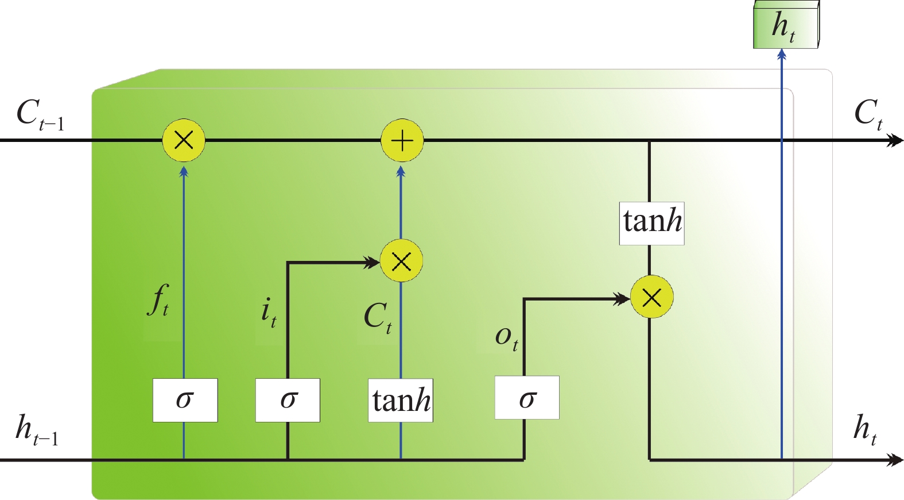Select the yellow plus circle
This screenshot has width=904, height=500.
point(402,140)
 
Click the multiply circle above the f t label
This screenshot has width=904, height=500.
point(184,140)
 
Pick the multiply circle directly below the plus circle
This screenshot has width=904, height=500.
point(402,261)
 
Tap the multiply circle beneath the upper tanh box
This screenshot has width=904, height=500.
point(651,297)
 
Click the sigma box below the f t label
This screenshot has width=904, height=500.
point(185,400)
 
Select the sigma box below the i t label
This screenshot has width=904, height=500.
point(288,400)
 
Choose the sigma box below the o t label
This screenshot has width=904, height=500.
point(527,398)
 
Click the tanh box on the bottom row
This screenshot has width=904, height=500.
point(401,401)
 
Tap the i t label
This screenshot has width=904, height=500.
point(269,313)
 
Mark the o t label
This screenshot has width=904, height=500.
point(506,337)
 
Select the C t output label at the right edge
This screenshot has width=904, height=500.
point(868,114)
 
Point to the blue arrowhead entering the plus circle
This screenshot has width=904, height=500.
point(401,171)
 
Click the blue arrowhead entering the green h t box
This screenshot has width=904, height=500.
point(781,55)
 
